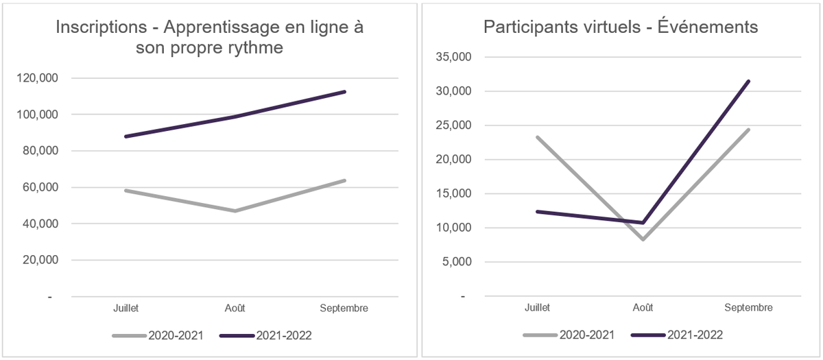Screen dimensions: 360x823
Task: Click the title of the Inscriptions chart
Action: coord(209,38)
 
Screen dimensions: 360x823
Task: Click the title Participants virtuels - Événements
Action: coord(621,27)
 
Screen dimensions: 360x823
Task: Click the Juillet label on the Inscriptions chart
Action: coord(126,308)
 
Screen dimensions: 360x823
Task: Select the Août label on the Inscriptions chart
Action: coord(235,308)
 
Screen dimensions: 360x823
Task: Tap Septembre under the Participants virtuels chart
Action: coord(748,308)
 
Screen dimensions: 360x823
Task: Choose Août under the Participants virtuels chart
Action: coord(643,308)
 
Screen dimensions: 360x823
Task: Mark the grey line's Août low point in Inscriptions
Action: coord(235,211)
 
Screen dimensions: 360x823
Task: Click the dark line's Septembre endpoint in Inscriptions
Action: coord(344,92)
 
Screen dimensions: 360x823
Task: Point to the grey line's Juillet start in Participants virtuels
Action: coord(538,137)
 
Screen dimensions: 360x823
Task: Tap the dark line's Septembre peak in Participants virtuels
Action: coord(748,81)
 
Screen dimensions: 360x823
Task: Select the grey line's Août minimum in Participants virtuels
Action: coord(643,239)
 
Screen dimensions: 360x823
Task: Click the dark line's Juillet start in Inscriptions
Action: coord(126,136)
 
